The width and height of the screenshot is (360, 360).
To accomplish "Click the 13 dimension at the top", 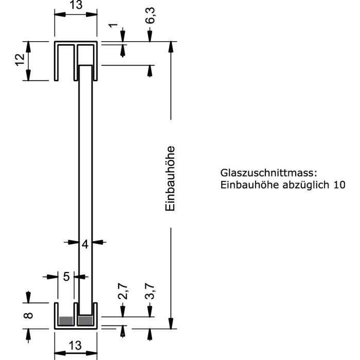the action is pos(76,5).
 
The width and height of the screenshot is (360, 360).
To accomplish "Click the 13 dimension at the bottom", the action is pos(75,345).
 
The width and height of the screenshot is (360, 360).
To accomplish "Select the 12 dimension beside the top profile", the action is pos(20,60).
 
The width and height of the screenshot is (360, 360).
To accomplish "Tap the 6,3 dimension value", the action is pos(150,15).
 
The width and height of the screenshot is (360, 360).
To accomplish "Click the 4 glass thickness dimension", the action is pos(85,244).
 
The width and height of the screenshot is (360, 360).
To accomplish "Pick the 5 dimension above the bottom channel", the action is pos(66,277).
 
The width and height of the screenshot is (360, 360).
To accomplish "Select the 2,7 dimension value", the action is pos(123,292).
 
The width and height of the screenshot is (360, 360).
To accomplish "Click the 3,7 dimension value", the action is pos(150,292).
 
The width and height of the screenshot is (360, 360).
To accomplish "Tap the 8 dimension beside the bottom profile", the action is pos(28,315).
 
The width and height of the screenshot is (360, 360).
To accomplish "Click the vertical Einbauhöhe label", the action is pos(170,178).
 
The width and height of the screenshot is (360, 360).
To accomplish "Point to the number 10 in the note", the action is pos(339,185).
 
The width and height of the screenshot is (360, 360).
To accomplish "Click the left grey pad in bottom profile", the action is pos(66,321).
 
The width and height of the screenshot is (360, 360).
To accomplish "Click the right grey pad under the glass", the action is pos(85,321).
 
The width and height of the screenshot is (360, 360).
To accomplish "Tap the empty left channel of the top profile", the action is pos(66,63).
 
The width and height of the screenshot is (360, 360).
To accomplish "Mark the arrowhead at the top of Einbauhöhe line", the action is pos(171,47).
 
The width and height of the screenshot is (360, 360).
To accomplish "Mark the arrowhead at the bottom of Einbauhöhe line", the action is pos(171,323).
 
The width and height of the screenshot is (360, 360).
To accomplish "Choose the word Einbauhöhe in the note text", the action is pos(249,185).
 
